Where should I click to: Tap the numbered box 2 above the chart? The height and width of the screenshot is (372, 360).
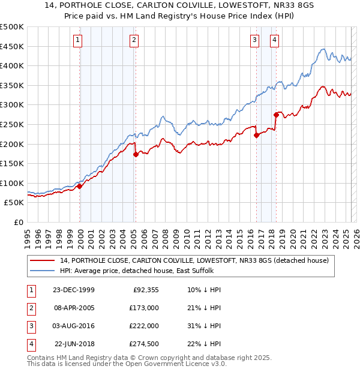(133, 40)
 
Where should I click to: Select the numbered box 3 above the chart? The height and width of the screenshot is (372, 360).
(254, 40)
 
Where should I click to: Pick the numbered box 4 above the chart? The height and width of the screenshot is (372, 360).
(274, 40)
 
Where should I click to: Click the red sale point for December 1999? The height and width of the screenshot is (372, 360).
(80, 186)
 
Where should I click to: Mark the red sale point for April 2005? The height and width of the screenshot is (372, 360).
(136, 154)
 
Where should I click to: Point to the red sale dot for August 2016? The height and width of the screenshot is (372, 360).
(256, 135)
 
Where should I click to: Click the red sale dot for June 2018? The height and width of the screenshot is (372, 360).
(276, 115)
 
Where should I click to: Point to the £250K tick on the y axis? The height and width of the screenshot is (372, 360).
(13, 124)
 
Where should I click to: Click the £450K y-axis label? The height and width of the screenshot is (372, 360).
(13, 46)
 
